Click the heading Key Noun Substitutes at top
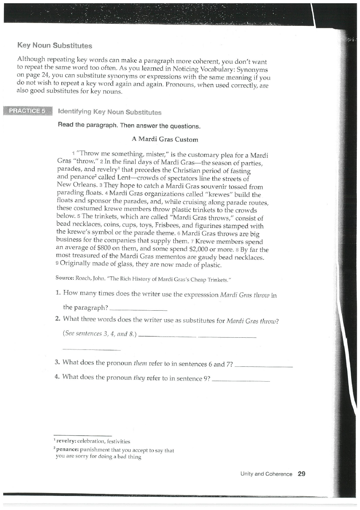[54, 46]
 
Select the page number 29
[301, 474]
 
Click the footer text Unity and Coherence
[266, 474]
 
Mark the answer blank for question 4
[240, 380]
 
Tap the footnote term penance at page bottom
[68, 450]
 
